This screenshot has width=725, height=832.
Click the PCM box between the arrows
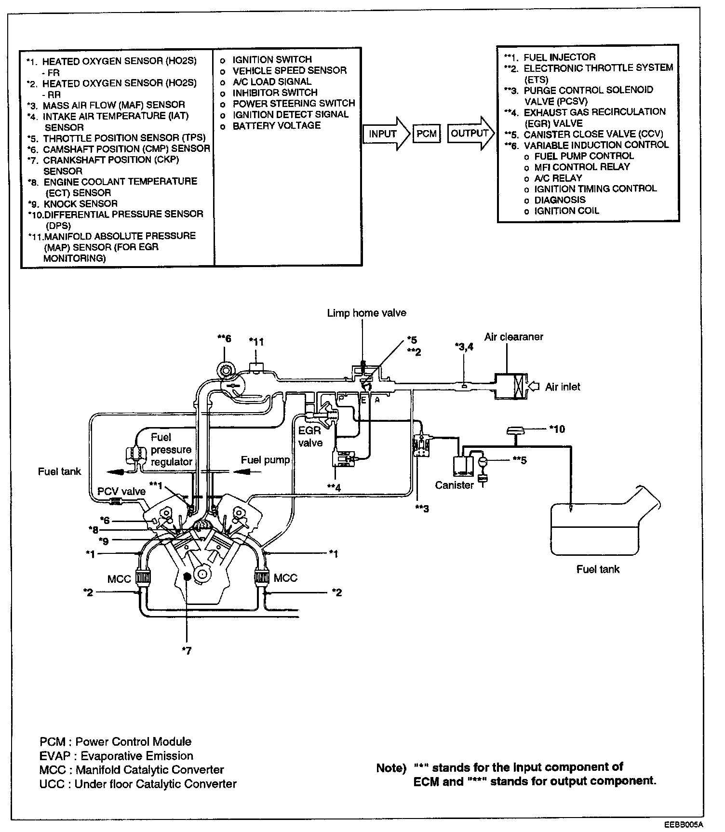tap(426, 134)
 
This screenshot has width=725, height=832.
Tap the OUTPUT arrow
tap(470, 134)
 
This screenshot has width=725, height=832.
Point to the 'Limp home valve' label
tap(366, 313)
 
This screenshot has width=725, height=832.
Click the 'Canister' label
tap(454, 485)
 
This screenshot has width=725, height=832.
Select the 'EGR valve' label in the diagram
tap(310, 436)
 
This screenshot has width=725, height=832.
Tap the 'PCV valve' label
tap(121, 491)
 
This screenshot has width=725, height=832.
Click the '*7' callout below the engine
tap(187, 651)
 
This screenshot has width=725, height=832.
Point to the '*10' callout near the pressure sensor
tap(557, 429)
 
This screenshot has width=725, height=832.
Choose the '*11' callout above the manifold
tap(256, 342)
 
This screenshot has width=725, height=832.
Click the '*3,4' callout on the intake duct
tap(464, 346)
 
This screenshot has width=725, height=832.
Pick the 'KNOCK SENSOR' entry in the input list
tap(80, 203)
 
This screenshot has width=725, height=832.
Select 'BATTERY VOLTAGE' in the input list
tap(276, 125)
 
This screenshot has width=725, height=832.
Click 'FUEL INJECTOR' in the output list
tap(559, 57)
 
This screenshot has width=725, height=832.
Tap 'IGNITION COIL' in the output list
tap(566, 211)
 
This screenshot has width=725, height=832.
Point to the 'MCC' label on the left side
tap(119, 578)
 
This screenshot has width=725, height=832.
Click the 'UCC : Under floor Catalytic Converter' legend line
tap(138, 784)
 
